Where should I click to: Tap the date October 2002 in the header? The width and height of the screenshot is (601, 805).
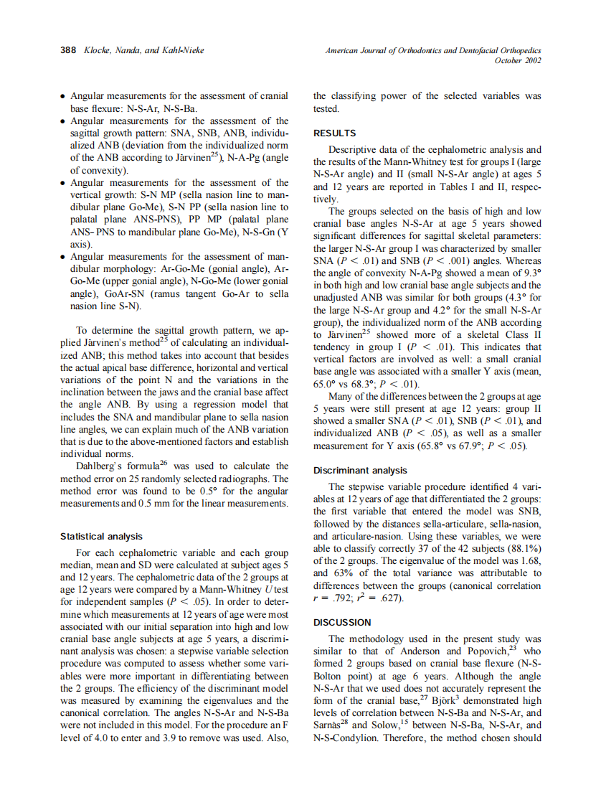tap(518, 61)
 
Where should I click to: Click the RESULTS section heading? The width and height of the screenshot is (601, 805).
tap(334, 133)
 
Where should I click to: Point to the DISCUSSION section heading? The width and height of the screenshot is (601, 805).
tap(342, 622)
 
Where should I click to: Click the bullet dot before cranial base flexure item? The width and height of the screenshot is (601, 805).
tap(64, 95)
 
